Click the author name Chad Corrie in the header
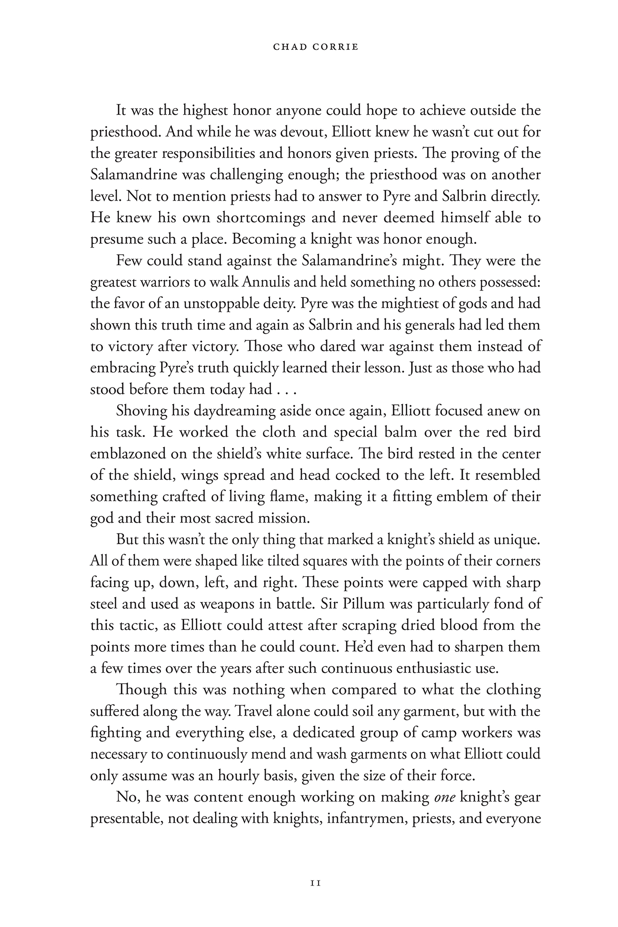309,47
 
